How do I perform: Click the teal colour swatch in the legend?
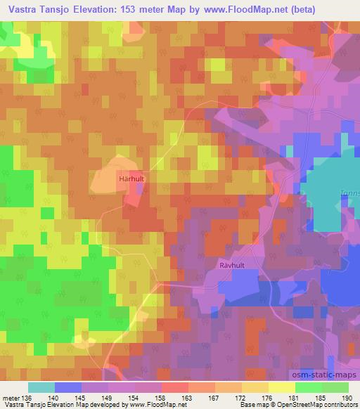tap(41, 387)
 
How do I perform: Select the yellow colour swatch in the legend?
tap(281, 387)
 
